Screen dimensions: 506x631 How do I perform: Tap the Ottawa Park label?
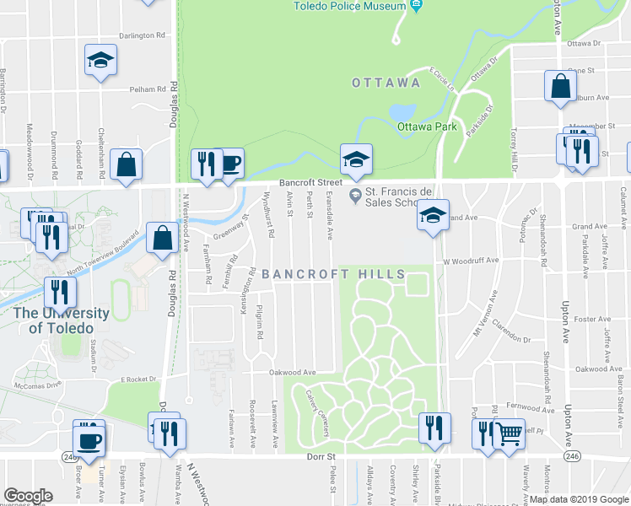pos(427,126)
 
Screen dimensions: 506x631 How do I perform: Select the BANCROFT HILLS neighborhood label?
pos(333,274)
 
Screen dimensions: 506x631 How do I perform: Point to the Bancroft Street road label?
pos(312,182)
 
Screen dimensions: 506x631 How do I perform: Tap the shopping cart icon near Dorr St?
pos(510,434)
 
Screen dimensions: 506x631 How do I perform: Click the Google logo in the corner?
pos(29,496)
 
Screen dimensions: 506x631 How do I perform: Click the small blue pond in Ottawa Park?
pos(402,113)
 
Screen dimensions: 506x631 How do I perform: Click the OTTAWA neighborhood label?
pos(386,83)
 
